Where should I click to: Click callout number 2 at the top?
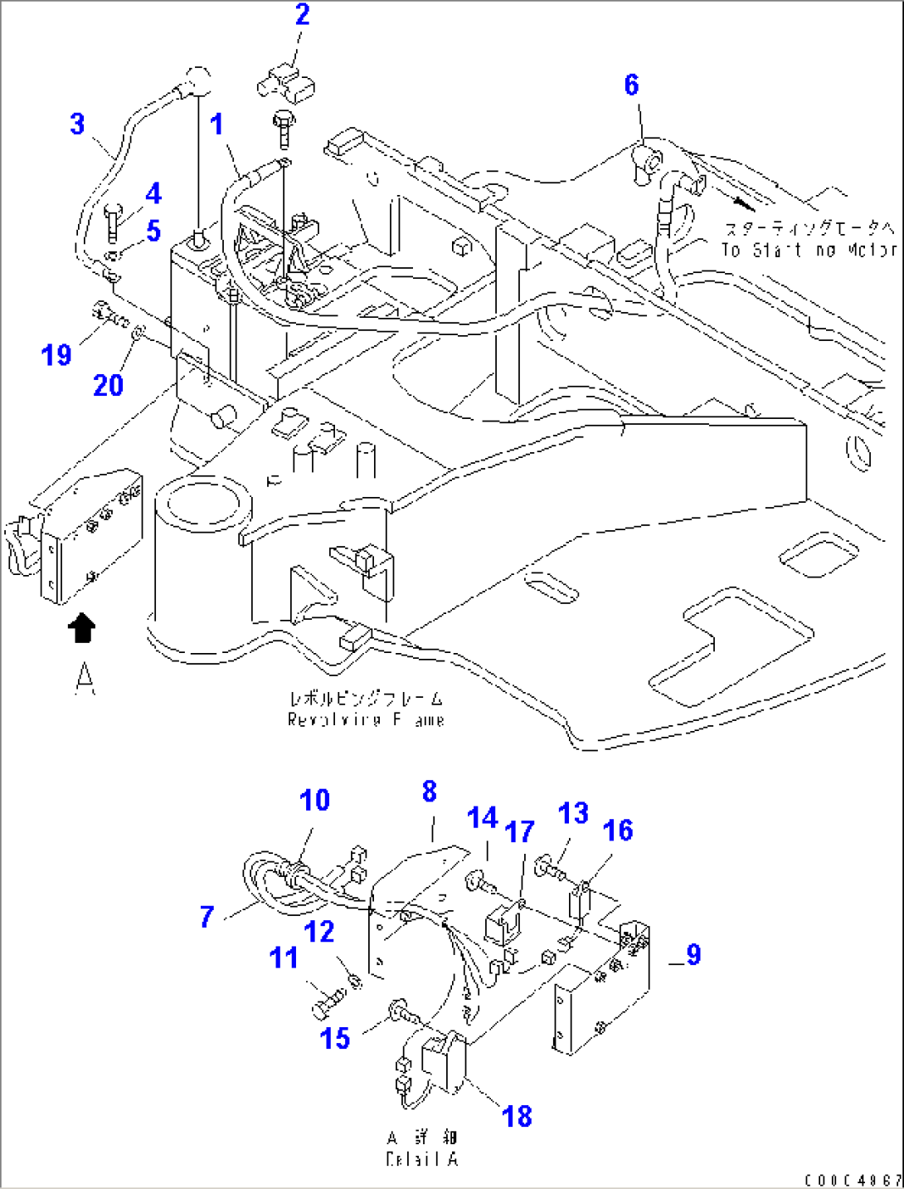(x=302, y=15)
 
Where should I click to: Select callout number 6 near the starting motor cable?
(x=631, y=85)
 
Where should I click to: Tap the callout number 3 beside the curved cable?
(x=77, y=124)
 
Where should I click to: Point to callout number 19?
(x=56, y=355)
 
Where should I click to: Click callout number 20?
(x=108, y=385)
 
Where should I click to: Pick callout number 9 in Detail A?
(x=693, y=955)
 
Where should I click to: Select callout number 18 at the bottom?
(x=517, y=1116)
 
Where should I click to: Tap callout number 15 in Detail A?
(x=335, y=1038)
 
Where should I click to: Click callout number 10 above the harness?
(x=314, y=801)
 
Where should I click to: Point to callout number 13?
(x=573, y=814)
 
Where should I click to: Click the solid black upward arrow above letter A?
(x=80, y=628)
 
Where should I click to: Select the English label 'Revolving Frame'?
(x=366, y=719)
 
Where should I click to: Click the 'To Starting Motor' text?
(x=808, y=250)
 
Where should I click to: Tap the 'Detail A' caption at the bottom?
(x=422, y=1159)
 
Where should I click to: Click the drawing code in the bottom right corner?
(x=852, y=1180)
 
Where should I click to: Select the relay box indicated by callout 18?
(x=444, y=1062)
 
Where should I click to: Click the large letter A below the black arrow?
(x=85, y=678)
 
